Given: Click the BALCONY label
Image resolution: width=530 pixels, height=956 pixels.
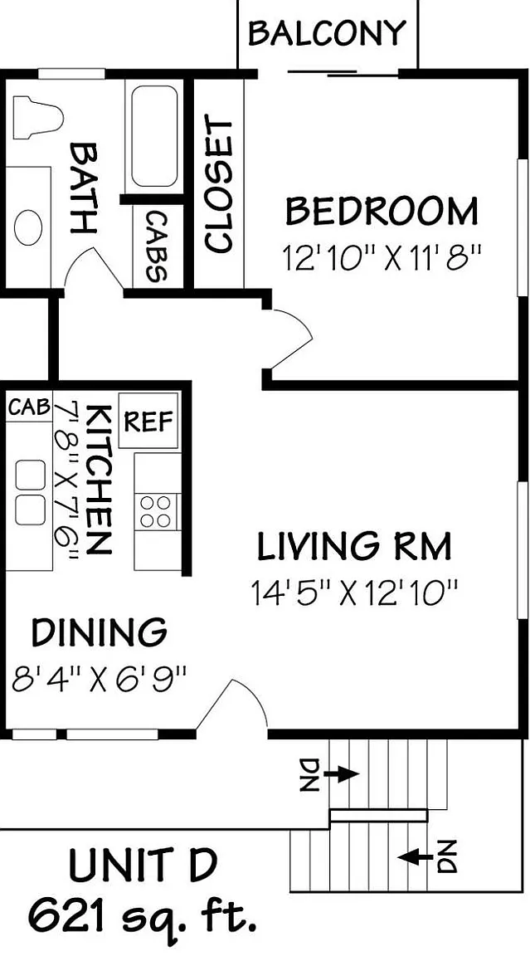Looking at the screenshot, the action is tap(327, 33).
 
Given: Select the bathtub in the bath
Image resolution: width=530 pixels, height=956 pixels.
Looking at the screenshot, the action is tap(154, 136).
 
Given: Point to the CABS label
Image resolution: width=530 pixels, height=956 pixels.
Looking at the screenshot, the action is tap(156, 247).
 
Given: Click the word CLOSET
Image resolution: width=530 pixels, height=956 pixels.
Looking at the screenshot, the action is tap(219, 185).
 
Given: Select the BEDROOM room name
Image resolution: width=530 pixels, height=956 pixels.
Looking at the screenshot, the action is tap(382, 212).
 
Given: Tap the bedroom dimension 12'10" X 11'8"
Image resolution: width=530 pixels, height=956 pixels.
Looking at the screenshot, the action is tap(382, 259).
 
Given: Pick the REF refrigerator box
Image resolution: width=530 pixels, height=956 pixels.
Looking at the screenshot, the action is tap(148, 421).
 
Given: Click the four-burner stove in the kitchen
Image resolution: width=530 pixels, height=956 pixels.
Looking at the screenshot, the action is tap(155, 511).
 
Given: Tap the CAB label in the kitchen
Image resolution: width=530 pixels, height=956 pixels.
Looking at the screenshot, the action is tap(29, 407).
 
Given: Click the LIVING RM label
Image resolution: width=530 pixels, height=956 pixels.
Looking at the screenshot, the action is tap(354, 546).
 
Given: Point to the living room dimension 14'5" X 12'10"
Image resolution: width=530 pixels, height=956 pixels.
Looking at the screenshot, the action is tap(354, 593).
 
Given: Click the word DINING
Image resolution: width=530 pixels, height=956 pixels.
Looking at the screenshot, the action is tap(100, 632).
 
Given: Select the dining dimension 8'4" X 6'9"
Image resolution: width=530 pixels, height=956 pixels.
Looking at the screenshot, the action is tap(99, 679).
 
